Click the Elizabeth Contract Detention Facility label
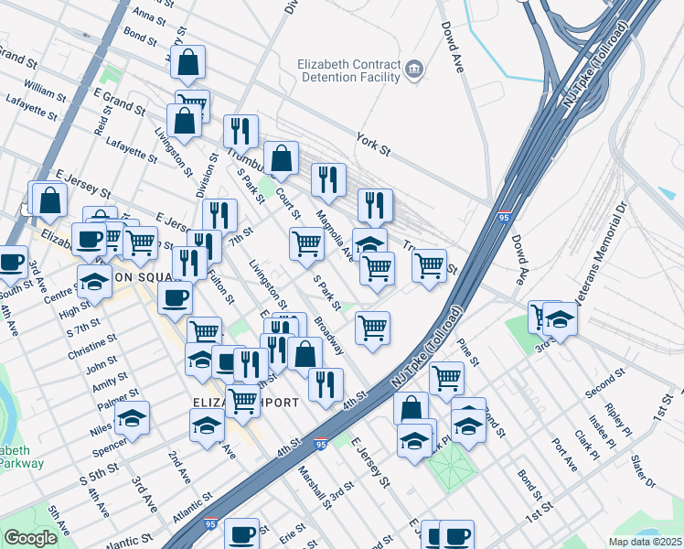tap(350, 70)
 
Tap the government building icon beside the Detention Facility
tap(414, 70)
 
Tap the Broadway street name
tap(329, 337)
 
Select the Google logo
tap(30, 538)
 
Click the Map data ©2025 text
tap(646, 542)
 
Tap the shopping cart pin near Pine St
tap(446, 376)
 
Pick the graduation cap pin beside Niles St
tap(133, 417)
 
